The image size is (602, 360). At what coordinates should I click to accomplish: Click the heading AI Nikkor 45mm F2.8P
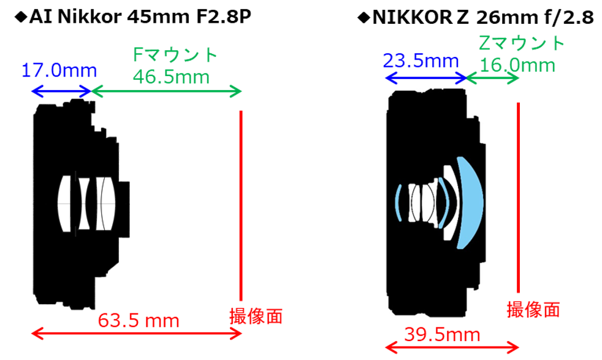[x=140, y=16]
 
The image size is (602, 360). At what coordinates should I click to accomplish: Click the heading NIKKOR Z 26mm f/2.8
[x=483, y=17]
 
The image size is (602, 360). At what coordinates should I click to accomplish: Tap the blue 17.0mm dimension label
[x=59, y=71]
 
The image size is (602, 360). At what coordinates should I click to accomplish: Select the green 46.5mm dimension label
[x=171, y=77]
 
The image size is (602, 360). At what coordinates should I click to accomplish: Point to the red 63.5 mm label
[x=139, y=320]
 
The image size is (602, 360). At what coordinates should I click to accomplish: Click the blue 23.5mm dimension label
[x=421, y=61]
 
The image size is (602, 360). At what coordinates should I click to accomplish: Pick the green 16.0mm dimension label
[x=517, y=64]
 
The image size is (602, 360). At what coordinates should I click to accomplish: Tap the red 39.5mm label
[x=442, y=334]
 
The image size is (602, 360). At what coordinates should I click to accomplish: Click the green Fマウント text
[x=175, y=55]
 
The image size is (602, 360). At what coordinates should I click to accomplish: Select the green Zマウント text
[x=521, y=43]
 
